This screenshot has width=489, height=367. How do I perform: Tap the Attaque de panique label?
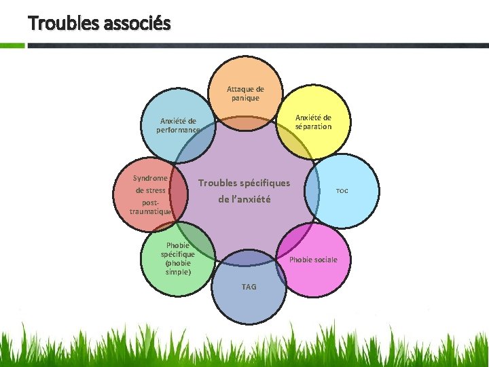point(245,93)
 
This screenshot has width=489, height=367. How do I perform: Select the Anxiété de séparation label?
point(313,122)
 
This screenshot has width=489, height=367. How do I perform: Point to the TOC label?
point(342,191)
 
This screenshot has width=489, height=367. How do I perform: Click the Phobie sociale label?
point(313,260)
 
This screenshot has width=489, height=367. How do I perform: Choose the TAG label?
point(249,287)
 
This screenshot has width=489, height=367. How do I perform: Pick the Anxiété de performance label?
point(178,125)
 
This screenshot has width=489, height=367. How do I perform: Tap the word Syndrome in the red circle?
point(150,178)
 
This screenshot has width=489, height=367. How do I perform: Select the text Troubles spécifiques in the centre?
point(244,183)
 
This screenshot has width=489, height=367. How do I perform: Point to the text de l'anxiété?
point(244,199)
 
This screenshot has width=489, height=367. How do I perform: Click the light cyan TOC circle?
point(346,204)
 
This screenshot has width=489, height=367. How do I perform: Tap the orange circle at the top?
point(246,75)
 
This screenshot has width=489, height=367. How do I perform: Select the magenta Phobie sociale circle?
point(316,272)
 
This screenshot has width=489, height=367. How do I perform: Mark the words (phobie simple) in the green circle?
point(178,267)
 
